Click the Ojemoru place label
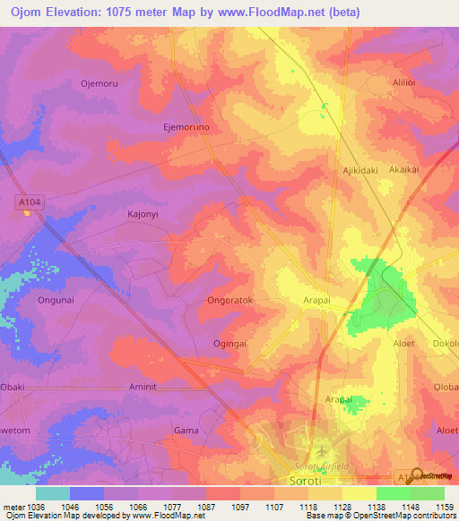(x=100, y=83)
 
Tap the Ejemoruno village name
(x=186, y=128)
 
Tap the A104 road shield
(x=29, y=203)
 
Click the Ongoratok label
(x=230, y=301)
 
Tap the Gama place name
(x=186, y=431)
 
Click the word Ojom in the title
(x=30, y=12)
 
